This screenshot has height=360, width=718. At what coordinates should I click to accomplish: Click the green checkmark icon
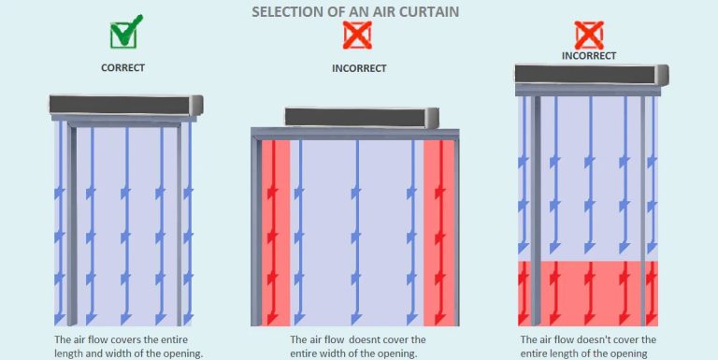[x=124, y=33]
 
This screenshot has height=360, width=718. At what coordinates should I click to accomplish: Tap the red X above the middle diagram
[x=357, y=35]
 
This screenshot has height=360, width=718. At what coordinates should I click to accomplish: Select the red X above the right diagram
[x=589, y=36]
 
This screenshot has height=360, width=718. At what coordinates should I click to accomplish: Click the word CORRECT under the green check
[x=122, y=67]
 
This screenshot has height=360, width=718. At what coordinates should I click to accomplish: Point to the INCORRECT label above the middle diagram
[x=359, y=68]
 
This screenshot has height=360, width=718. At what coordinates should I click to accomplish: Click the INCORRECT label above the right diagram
[x=589, y=56]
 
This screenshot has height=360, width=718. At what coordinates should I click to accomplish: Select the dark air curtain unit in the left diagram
[x=126, y=105]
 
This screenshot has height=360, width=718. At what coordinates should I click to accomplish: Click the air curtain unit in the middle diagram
[x=362, y=117]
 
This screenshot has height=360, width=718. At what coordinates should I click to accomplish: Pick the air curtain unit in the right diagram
[x=592, y=75]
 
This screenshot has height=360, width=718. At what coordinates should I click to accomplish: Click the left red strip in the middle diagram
[x=276, y=233]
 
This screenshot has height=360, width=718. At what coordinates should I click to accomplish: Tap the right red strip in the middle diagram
[x=438, y=233]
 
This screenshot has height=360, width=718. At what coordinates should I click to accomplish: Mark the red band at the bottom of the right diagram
[x=588, y=294]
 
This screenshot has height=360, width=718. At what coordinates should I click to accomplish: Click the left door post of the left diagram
[x=72, y=225]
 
